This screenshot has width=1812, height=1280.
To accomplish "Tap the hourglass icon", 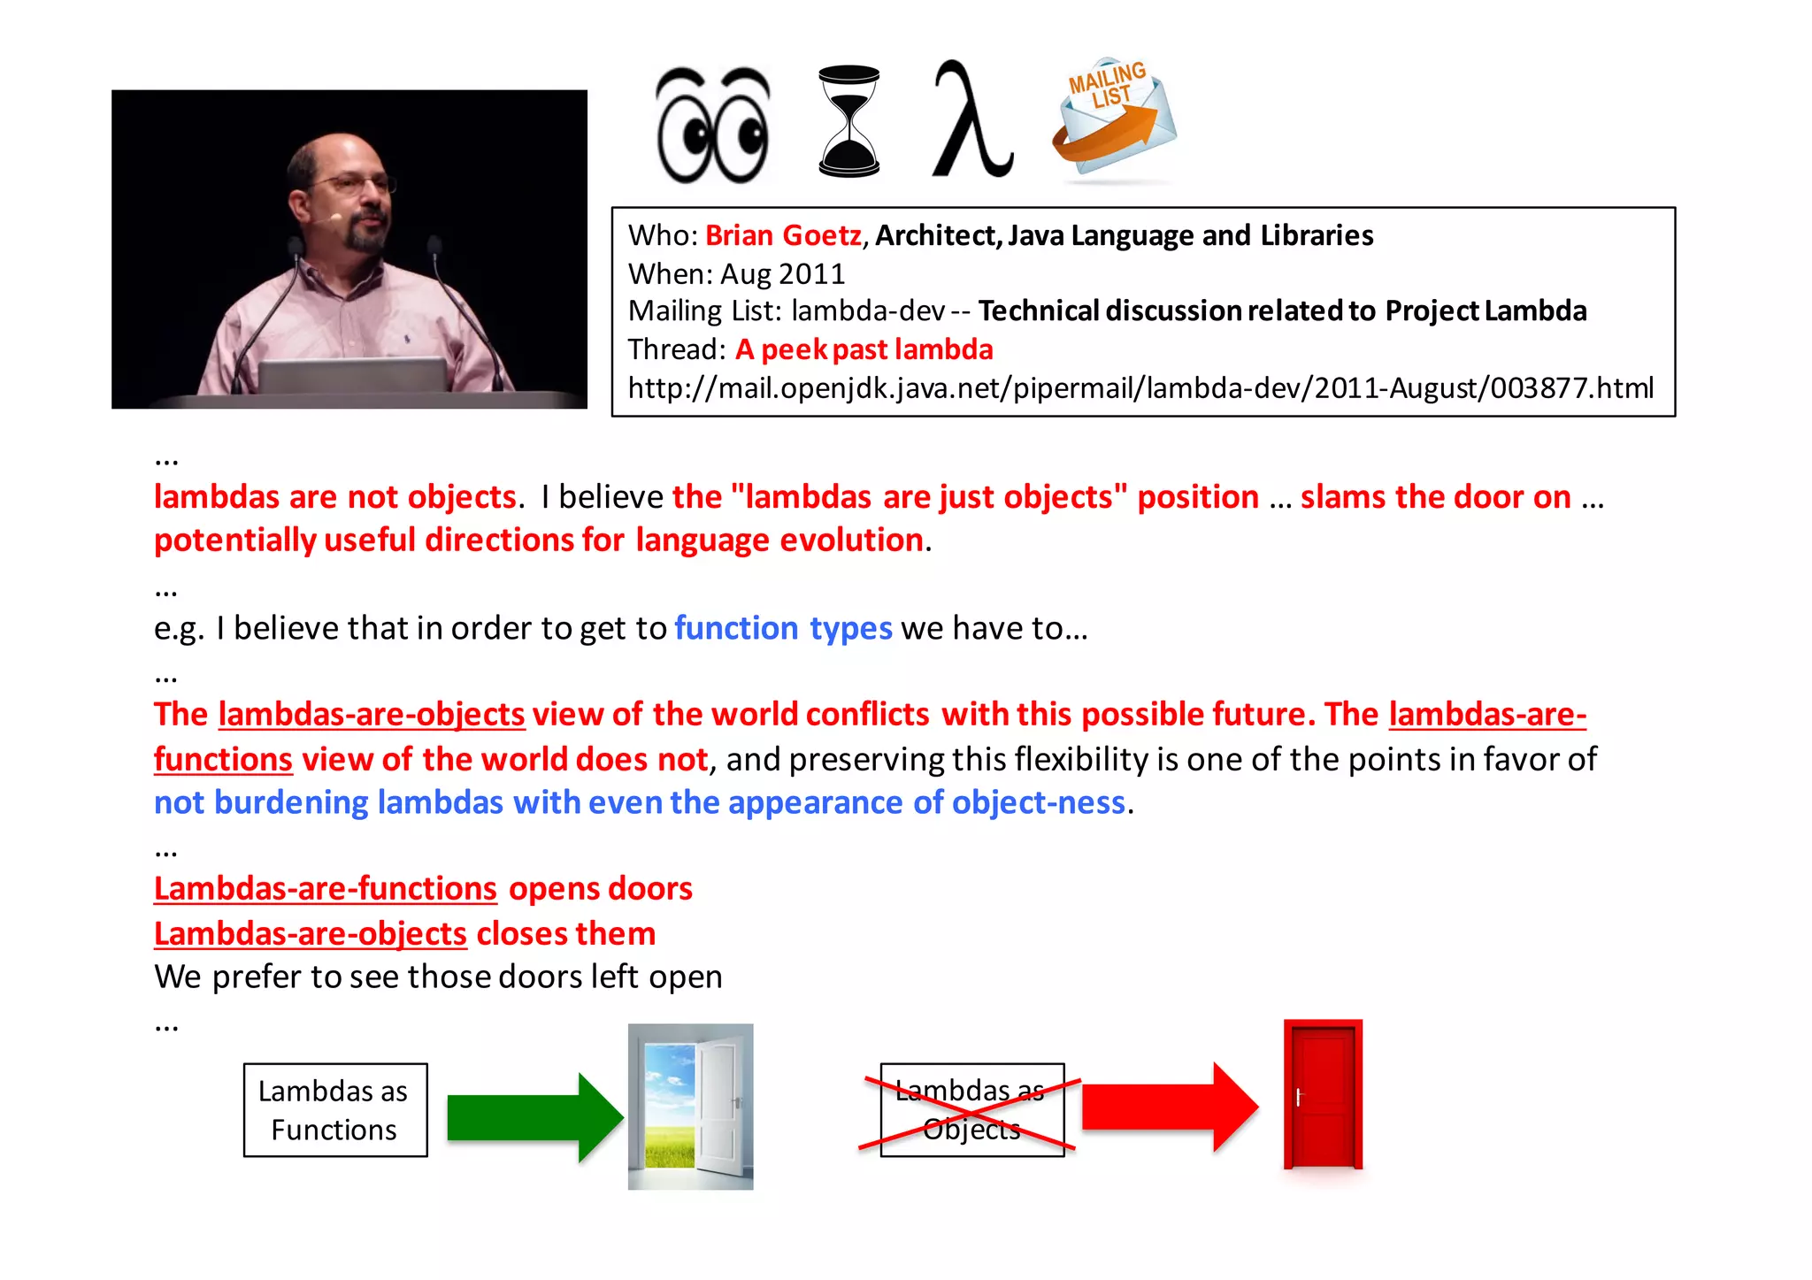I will coord(848,121).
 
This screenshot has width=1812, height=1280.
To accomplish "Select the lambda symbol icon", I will coord(971,119).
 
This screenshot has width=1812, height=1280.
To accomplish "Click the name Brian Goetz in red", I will coord(783,235).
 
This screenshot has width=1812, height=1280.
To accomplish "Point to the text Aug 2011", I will coord(782,274).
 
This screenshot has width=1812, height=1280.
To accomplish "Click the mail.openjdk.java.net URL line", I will coord(1140,387).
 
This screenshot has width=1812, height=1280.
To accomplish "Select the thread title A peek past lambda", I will coord(864,349).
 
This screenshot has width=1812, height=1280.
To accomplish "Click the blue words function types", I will coord(783,628).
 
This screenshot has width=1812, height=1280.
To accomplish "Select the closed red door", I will coord(1323,1095).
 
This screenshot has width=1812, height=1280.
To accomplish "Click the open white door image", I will coord(690,1106).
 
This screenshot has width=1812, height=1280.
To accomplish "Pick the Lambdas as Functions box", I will coord(335,1110).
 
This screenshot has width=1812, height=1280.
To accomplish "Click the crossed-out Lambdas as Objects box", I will coord(971,1110).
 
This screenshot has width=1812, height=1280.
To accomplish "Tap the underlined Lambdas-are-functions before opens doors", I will coord(326,889).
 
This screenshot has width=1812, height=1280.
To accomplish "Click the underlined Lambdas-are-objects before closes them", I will coord(311,934).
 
